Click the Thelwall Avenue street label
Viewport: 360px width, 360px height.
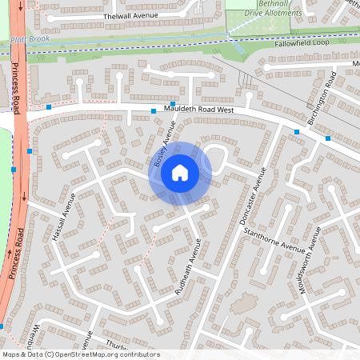(x=127, y=16)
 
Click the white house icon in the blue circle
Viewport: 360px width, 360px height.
(x=180, y=173)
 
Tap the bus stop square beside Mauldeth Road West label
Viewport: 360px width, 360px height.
(x=154, y=110)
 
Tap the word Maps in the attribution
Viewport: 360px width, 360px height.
(x=10, y=354)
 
